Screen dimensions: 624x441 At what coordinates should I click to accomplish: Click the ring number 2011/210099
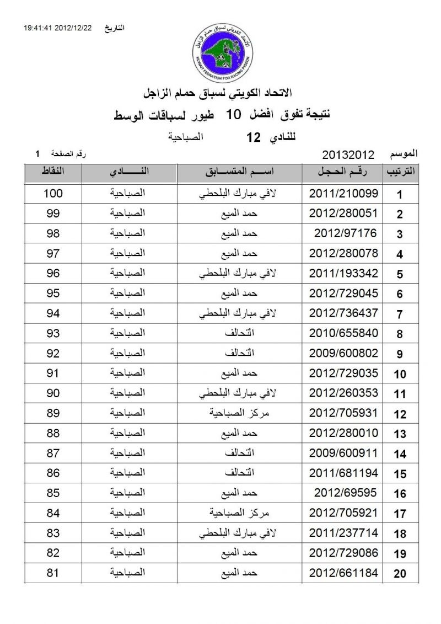343,194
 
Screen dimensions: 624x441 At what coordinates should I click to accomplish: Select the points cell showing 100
53,194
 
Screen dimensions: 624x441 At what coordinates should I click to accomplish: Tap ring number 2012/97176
346,233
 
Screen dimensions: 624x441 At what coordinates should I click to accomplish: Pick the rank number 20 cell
400,574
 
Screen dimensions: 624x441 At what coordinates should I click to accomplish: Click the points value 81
53,573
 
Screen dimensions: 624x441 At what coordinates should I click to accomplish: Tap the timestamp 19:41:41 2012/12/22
58,28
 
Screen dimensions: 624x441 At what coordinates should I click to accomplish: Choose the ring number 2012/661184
343,573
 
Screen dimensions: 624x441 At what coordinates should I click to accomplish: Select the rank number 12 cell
400,414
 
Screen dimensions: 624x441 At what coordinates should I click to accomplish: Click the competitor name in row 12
239,413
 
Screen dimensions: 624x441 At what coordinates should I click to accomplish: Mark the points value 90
53,393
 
